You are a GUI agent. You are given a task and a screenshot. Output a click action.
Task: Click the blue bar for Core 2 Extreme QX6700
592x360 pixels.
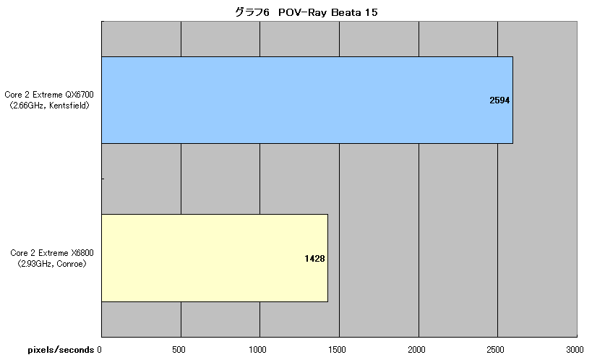coord(307,100)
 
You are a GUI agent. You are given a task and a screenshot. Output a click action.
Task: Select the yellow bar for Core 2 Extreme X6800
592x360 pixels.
coord(215,258)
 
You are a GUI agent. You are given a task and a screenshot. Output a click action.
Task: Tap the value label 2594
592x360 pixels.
coord(499,100)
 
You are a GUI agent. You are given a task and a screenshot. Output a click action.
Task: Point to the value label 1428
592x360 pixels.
coord(314,258)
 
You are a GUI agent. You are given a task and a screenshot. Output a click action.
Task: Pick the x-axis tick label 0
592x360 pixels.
coord(99,350)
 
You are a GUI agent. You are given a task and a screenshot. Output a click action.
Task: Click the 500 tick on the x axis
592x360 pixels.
coord(179,350)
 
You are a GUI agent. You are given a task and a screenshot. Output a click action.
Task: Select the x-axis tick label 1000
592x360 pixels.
coord(257,350)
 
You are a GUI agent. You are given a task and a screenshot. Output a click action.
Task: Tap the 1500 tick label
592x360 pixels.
coord(337,350)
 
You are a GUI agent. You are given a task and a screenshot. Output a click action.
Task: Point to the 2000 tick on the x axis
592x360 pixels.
coord(416,350)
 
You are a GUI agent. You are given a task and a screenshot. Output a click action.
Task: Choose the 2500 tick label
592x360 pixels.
coord(495,350)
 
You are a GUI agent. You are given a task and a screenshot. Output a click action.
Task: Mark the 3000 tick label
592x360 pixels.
coord(575,350)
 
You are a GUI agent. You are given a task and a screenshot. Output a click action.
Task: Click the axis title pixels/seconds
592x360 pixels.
coord(61,350)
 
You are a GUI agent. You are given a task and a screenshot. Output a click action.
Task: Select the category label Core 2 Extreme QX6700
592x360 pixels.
coord(49,95)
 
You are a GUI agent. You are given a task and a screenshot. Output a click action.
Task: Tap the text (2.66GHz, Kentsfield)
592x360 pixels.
coord(49,106)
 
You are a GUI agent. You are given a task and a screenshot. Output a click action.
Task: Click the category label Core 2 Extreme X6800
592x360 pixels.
coord(52,253)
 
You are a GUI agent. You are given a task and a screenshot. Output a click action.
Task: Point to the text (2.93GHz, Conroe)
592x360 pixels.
coord(52,264)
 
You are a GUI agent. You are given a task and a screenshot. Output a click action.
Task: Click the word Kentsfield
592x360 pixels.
coord(69,106)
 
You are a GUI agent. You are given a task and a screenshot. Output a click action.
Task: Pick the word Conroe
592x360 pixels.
coord(70,264)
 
